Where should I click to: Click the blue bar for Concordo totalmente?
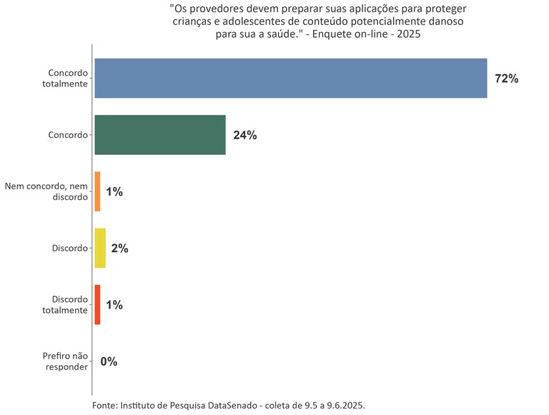click(x=290, y=78)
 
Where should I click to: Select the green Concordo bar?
click(x=160, y=135)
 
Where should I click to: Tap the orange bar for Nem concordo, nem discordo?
click(x=97, y=191)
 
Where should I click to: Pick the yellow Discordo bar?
click(x=100, y=248)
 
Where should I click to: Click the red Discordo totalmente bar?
click(x=97, y=305)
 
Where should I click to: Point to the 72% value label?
click(x=506, y=79)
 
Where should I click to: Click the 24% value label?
click(x=244, y=135)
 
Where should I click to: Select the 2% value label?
click(x=119, y=249)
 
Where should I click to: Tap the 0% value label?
click(x=109, y=361)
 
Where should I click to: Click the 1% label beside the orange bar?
click(x=114, y=191)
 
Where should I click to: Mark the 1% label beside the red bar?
click(x=114, y=305)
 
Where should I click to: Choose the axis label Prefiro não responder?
click(x=65, y=361)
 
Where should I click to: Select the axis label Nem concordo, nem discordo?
click(x=46, y=191)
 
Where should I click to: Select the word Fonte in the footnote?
click(x=105, y=405)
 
